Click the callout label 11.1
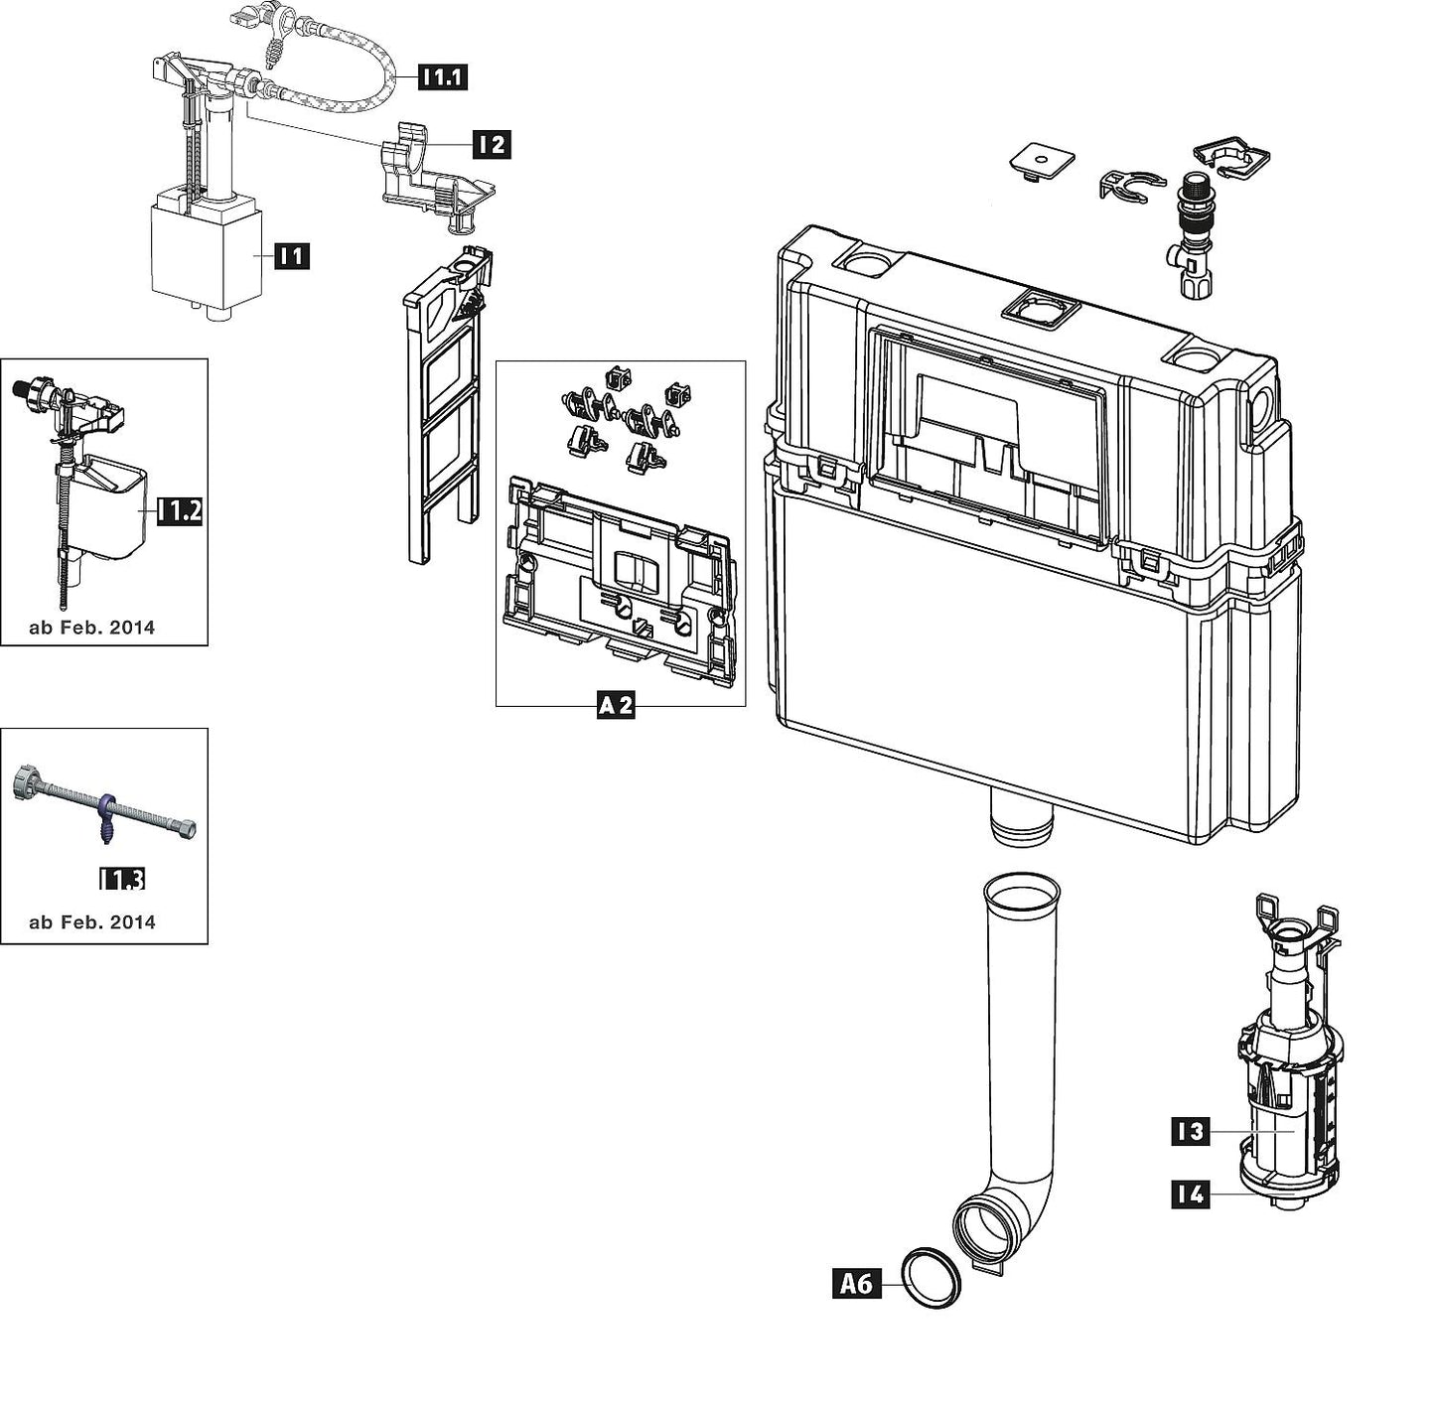pos(442,76)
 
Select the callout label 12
pos(491,144)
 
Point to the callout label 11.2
pos(181,511)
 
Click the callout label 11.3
pos(122,879)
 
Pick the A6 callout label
pos(856,1284)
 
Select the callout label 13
pos(1190,1131)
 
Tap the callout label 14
pos(1190,1194)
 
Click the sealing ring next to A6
pos(931,1278)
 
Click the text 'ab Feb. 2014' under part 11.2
pos(92,628)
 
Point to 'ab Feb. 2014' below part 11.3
pos(92,922)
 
